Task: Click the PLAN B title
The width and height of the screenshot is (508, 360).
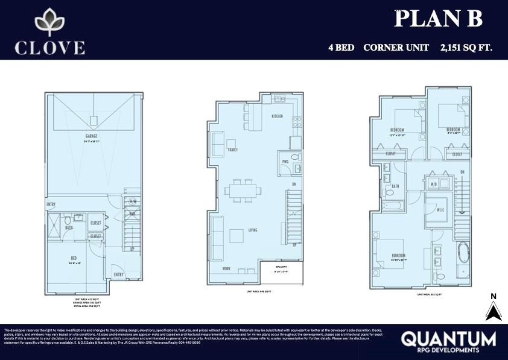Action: pyautogui.click(x=438, y=19)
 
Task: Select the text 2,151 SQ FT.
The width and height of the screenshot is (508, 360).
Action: pyautogui.click(x=466, y=47)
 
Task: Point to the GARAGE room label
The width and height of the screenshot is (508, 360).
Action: pyautogui.click(x=92, y=137)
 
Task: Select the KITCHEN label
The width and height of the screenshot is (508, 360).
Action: pyautogui.click(x=277, y=116)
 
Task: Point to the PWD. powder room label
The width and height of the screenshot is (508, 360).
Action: pyautogui.click(x=285, y=162)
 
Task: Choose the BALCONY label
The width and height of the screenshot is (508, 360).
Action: pyautogui.click(x=281, y=267)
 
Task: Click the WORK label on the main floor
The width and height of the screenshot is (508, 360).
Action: pyautogui.click(x=226, y=269)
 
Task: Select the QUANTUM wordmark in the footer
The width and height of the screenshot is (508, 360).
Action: pyautogui.click(x=448, y=338)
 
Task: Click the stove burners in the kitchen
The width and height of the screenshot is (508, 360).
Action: pyautogui.click(x=296, y=123)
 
